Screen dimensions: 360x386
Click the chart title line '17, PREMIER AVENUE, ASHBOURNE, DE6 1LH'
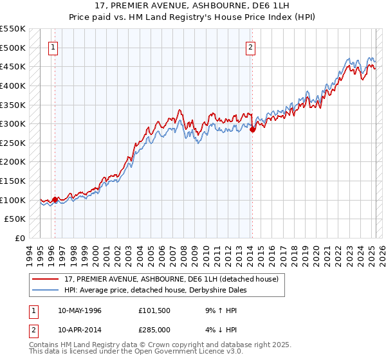pyautogui.click(x=193, y=6)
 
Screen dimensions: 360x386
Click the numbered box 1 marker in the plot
pyautogui.click(x=52, y=46)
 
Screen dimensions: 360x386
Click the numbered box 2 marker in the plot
pyautogui.click(x=250, y=46)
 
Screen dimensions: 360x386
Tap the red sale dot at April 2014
pyautogui.click(x=252, y=129)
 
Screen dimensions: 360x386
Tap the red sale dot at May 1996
pyautogui.click(x=55, y=199)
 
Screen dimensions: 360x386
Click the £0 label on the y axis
pyautogui.click(x=20, y=238)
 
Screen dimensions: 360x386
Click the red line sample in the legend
pyautogui.click(x=45, y=280)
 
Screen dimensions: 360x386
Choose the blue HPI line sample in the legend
pyautogui.click(x=45, y=290)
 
